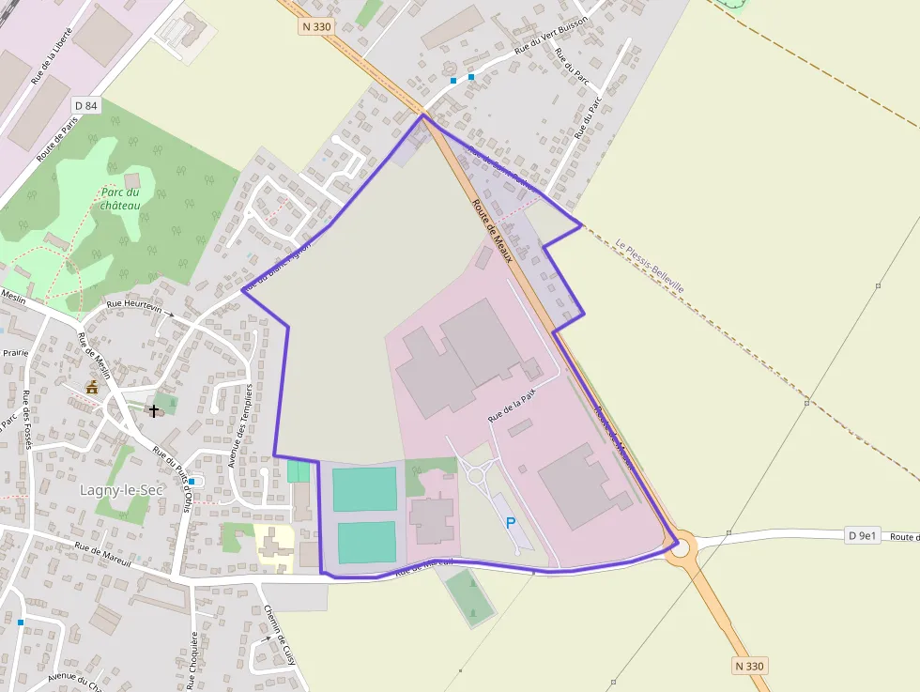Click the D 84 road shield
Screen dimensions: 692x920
pyautogui.click(x=84, y=105)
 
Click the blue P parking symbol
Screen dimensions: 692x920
pyautogui.click(x=511, y=523)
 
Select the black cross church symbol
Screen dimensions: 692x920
pyautogui.click(x=154, y=410)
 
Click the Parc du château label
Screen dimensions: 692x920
pyautogui.click(x=121, y=198)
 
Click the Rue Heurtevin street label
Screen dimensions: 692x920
pyautogui.click(x=134, y=305)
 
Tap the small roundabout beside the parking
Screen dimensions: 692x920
pyautogui.click(x=475, y=475)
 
